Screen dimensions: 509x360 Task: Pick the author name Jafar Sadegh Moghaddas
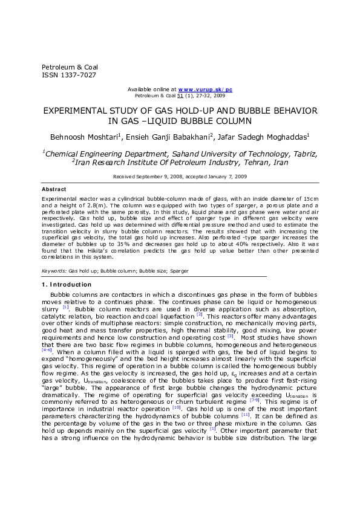pos(269,137)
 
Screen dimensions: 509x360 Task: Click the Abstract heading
pos(54,189)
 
